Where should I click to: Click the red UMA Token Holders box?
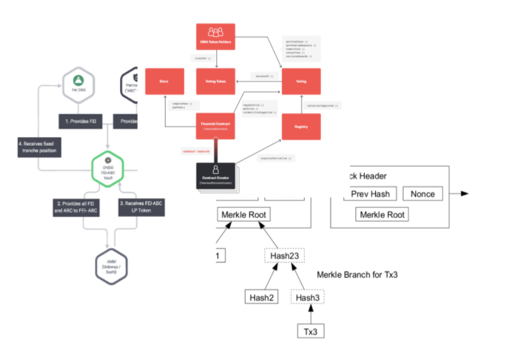click(x=215, y=37)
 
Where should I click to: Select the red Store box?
click(x=164, y=81)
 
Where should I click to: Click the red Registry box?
click(x=301, y=126)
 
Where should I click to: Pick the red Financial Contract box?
click(x=215, y=126)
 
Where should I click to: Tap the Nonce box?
click(x=423, y=193)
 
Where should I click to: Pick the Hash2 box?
click(x=261, y=297)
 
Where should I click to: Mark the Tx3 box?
click(x=309, y=330)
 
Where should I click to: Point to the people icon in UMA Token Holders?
click(x=215, y=32)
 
